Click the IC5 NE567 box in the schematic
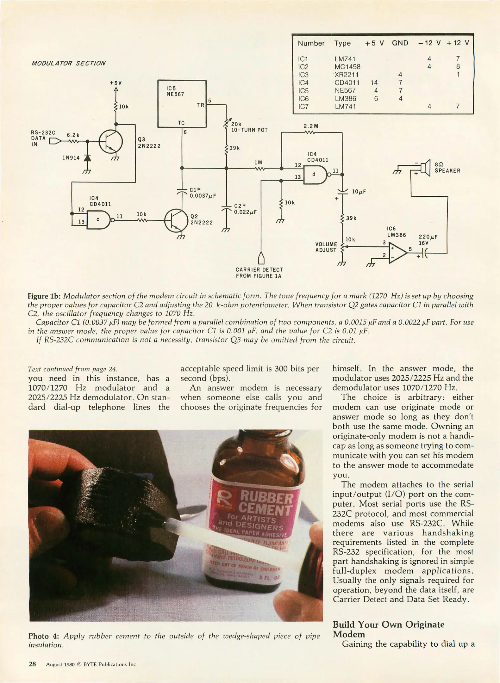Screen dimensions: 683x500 (x=182, y=104)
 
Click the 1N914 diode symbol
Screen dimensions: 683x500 (x=87, y=158)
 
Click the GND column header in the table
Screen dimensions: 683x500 (x=400, y=43)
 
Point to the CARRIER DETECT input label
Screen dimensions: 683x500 (x=259, y=273)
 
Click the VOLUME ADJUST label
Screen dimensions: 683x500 (x=326, y=247)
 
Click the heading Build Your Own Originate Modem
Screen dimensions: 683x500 (x=388, y=629)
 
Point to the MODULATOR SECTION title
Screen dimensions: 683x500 (x=68, y=63)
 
